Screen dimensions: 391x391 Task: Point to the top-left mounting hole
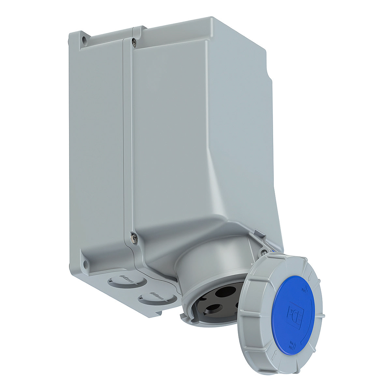84,40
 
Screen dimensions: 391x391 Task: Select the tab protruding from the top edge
138,29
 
